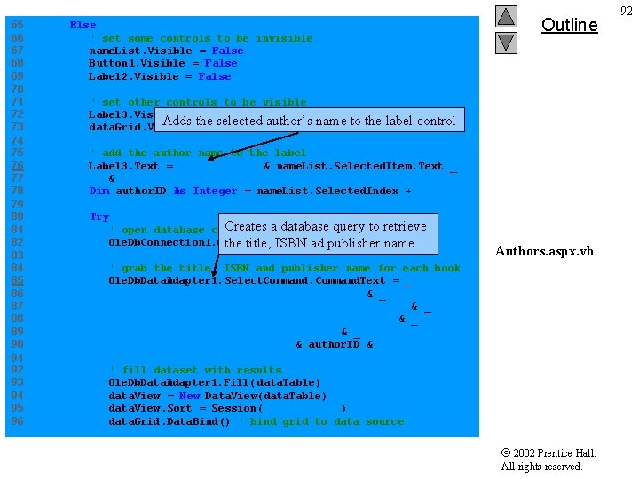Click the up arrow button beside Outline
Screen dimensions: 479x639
[x=506, y=17]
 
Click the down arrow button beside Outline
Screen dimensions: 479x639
[x=506, y=42]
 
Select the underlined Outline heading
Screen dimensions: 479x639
[x=569, y=25]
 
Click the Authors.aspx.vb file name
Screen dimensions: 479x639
[x=543, y=251]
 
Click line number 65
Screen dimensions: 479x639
[x=17, y=26]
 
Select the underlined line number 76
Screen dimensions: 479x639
[x=17, y=166]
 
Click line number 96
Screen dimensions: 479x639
[x=17, y=421]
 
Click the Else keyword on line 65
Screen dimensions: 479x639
[x=83, y=26]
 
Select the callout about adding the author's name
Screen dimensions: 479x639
[x=310, y=121]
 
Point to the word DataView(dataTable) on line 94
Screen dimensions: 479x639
[x=265, y=396]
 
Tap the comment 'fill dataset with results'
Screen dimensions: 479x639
[x=195, y=370]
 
